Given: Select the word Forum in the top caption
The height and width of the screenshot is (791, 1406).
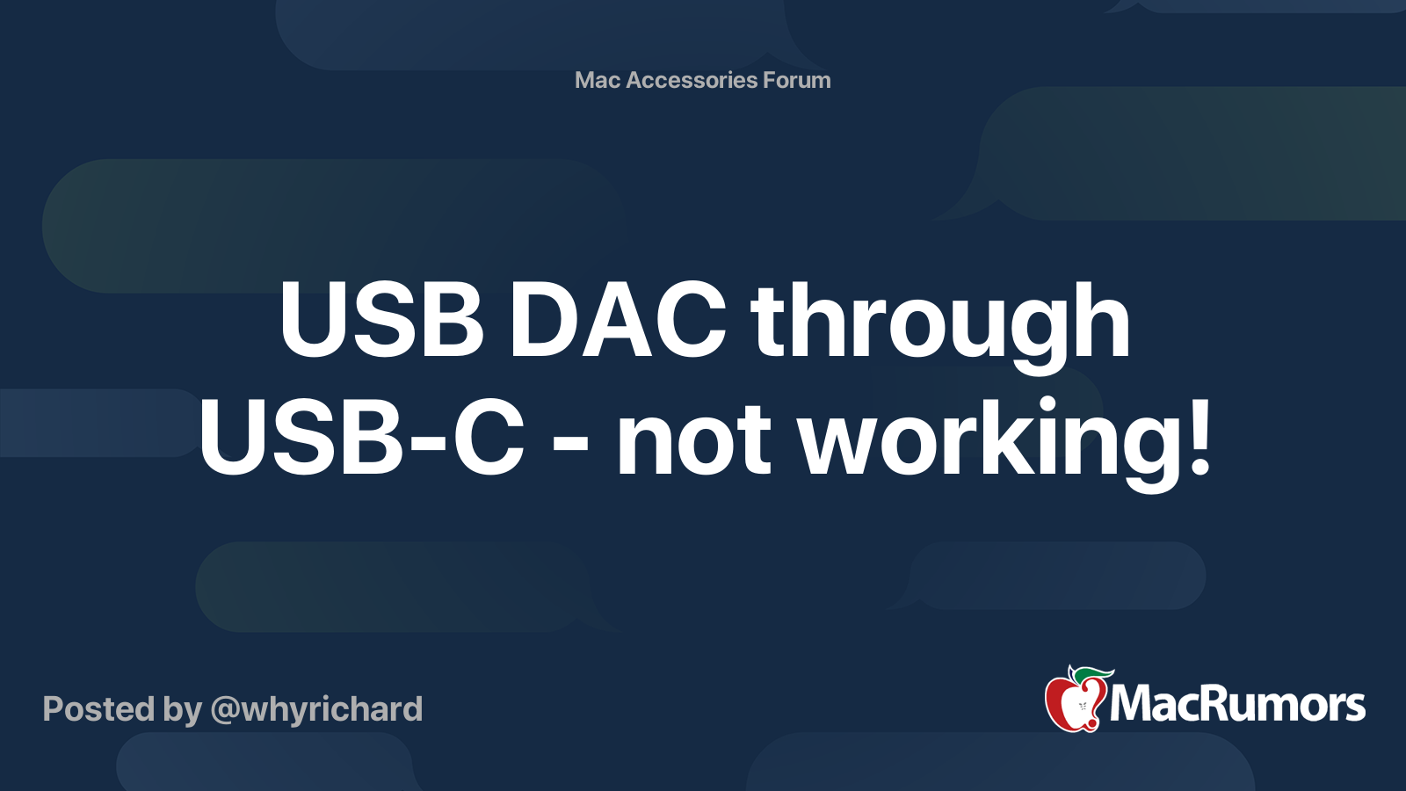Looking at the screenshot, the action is [x=796, y=80].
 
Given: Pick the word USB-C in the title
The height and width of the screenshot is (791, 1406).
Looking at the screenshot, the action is [x=361, y=437].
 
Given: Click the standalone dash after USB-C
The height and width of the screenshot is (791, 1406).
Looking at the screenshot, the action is [x=570, y=443].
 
